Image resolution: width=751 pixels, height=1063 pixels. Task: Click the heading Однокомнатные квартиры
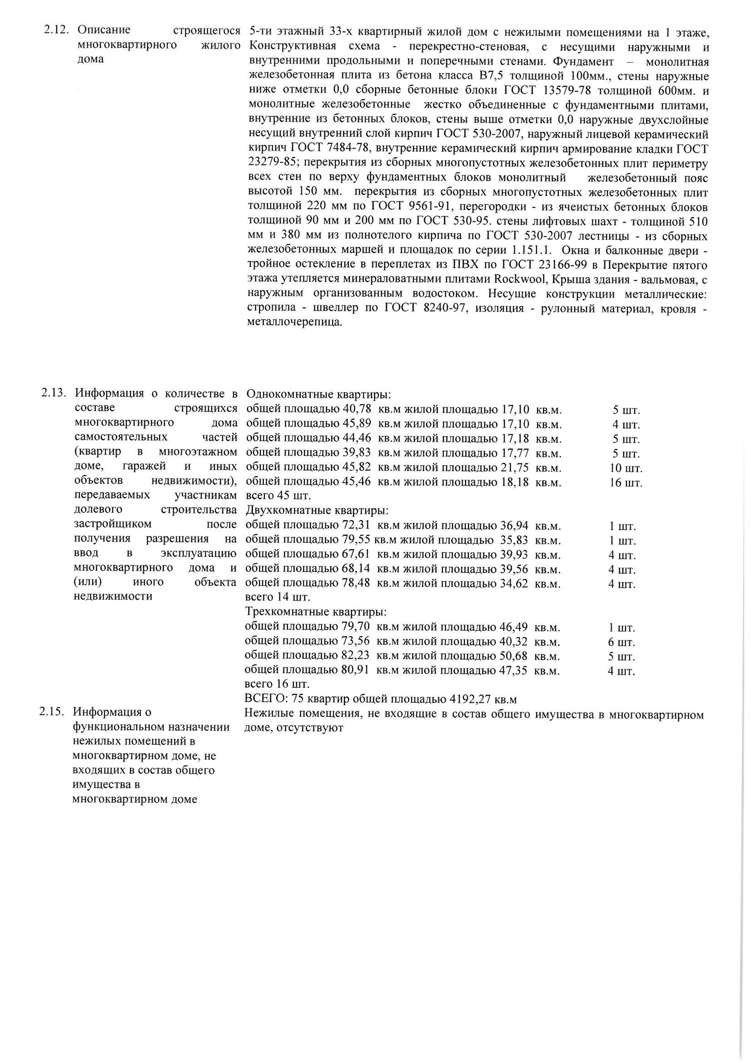[319, 395]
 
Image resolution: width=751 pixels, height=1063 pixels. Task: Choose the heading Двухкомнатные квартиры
[317, 511]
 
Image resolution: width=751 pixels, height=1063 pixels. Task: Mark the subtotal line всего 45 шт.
[278, 496]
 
